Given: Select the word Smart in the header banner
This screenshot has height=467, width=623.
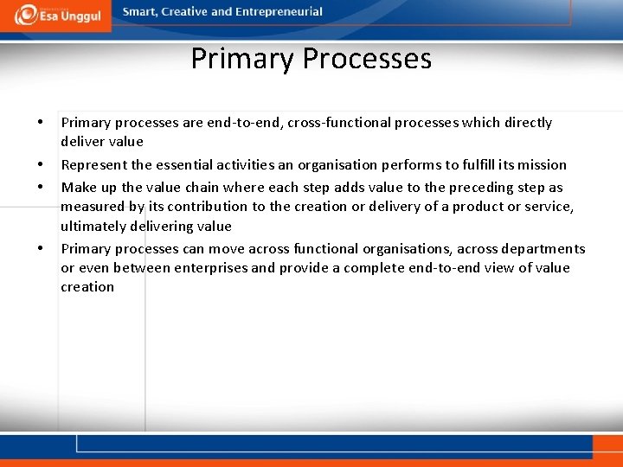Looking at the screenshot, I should (x=141, y=12).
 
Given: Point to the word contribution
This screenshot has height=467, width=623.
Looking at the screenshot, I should (x=211, y=206).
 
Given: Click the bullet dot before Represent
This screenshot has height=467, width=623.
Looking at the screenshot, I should (x=41, y=164).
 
